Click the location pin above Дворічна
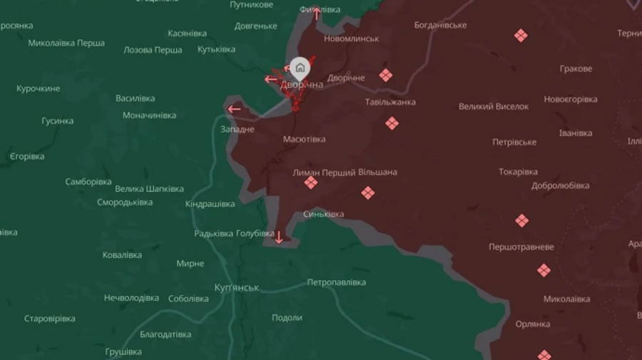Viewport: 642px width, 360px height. (x=300, y=68)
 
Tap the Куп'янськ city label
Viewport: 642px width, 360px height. (x=237, y=287)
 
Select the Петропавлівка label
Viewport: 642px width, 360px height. (x=337, y=282)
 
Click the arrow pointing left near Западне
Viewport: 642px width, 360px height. (x=234, y=109)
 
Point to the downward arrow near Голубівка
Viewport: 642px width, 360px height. (x=279, y=237)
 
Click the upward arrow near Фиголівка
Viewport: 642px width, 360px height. (x=317, y=13)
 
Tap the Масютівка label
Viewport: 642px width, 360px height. (x=304, y=139)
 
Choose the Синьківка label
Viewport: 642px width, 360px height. (x=323, y=214)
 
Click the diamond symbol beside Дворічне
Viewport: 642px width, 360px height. (x=385, y=75)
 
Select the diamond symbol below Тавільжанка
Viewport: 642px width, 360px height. (x=392, y=123)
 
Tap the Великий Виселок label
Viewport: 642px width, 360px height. (x=494, y=106)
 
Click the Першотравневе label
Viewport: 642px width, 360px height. (x=521, y=247)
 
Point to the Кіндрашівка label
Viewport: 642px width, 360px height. (x=210, y=204)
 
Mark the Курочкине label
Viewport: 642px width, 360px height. (x=39, y=88)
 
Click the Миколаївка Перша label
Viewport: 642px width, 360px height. (x=66, y=43)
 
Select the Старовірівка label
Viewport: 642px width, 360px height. (x=50, y=319)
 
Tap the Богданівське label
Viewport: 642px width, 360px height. (x=441, y=25)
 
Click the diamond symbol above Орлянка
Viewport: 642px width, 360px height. (x=544, y=270)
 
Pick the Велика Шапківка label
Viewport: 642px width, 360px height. (x=149, y=189)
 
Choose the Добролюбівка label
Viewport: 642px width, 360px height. (x=561, y=185)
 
